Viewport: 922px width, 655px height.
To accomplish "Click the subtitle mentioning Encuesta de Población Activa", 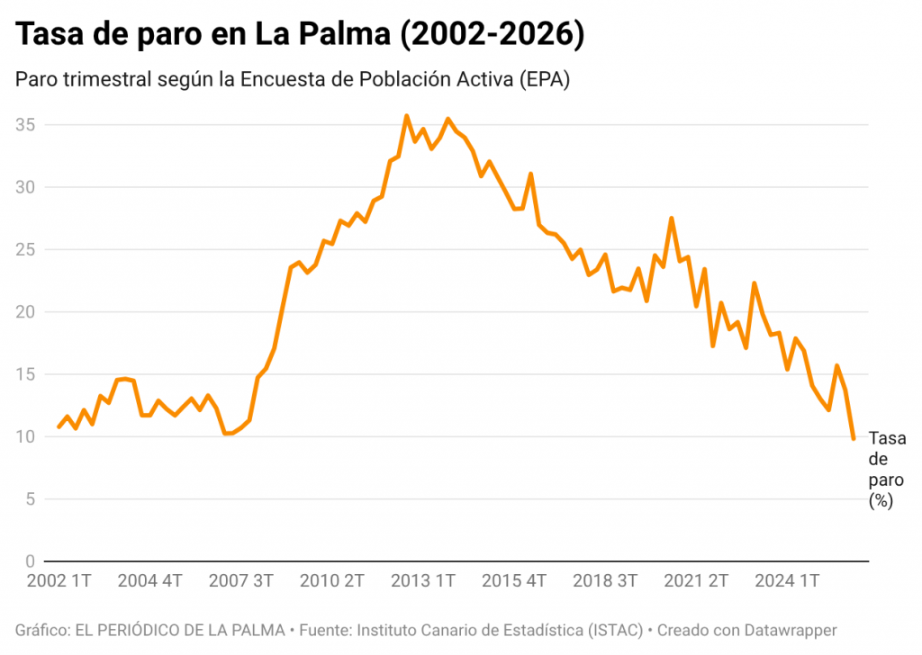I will point(293,79).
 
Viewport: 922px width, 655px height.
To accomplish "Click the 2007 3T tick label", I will point(240,580).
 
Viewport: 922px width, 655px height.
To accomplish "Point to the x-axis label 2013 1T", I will point(423,580).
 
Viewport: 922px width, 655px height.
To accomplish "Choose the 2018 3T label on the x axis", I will point(606,580).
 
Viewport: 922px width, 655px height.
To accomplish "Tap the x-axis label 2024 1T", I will point(787,580).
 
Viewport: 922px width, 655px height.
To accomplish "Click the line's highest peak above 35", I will point(406,116).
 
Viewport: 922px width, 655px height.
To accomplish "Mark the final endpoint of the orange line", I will point(853,438).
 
